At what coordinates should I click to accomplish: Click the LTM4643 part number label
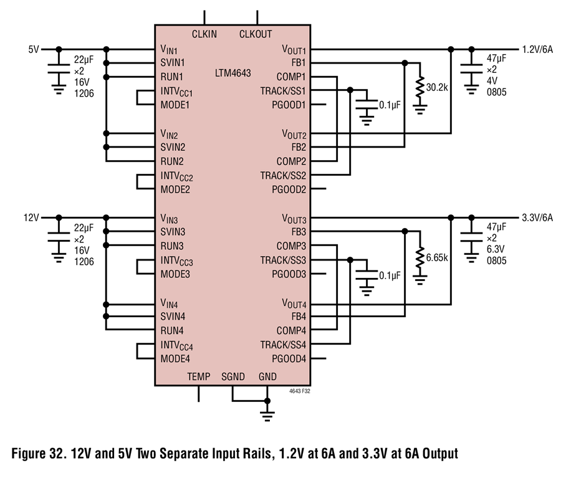233,73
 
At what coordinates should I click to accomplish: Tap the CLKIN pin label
204,34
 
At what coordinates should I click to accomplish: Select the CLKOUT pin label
256,34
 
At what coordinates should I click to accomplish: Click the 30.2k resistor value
437,87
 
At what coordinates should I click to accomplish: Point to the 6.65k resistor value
437,257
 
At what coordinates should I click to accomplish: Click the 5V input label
34,49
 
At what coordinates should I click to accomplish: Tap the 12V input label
31,217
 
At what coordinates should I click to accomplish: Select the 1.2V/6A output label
537,49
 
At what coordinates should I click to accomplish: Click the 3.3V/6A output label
537,217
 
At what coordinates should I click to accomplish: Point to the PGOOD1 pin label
289,105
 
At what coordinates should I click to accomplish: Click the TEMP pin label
199,376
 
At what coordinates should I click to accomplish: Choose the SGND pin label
233,376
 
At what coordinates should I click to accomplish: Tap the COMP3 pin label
291,246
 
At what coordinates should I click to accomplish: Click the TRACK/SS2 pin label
283,176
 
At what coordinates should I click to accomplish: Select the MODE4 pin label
175,358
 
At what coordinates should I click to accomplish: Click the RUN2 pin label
172,161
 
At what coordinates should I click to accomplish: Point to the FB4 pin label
299,317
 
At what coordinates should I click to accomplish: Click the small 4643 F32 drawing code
300,391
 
